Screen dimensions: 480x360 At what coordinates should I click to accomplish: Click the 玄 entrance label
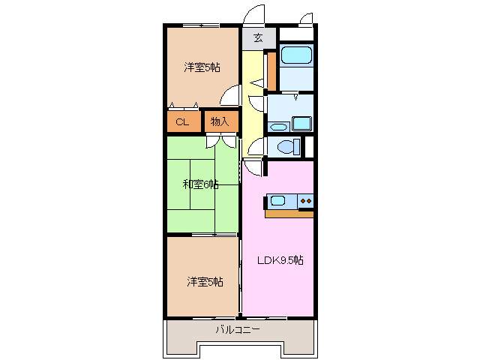[258, 38]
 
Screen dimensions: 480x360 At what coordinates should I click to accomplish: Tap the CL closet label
[182, 122]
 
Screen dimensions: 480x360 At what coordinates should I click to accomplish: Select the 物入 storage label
[220, 121]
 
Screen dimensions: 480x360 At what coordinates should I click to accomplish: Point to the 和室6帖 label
[200, 184]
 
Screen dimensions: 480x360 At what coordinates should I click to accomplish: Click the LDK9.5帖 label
[280, 260]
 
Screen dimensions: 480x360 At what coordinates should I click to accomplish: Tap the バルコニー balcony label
[238, 330]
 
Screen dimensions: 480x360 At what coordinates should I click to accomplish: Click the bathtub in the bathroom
[296, 55]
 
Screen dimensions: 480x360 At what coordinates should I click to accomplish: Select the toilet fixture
[289, 147]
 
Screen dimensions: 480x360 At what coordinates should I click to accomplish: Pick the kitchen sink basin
[278, 201]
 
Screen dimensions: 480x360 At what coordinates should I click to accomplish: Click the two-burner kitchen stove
[306, 201]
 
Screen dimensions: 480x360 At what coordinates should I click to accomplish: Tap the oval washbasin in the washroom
[278, 127]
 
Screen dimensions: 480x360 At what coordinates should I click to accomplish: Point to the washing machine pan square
[301, 124]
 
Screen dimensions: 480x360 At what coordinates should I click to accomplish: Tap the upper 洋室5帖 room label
[202, 67]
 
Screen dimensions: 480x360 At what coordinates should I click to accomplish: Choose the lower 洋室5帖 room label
[205, 282]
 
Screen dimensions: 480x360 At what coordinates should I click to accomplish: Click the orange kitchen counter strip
[289, 214]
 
